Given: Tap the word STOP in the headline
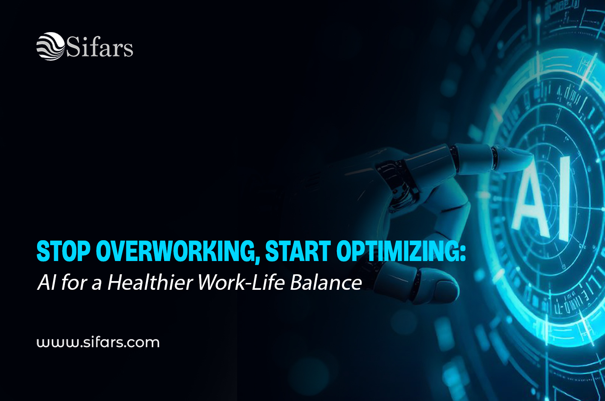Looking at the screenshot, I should click(64, 251).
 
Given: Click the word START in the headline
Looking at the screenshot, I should click(298, 251).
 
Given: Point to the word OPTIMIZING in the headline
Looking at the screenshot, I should click(396, 251).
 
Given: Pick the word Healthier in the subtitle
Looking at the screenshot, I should click(150, 282).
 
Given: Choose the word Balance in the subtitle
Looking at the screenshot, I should click(326, 282).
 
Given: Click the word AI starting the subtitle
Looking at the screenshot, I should click(47, 282).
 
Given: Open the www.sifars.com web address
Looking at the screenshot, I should click(98, 342).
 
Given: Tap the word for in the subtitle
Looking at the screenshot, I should click(74, 282).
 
